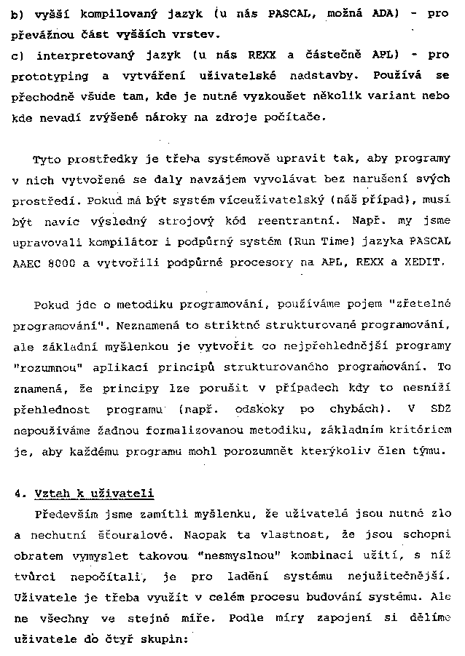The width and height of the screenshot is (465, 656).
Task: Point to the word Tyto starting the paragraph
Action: [48, 158]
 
